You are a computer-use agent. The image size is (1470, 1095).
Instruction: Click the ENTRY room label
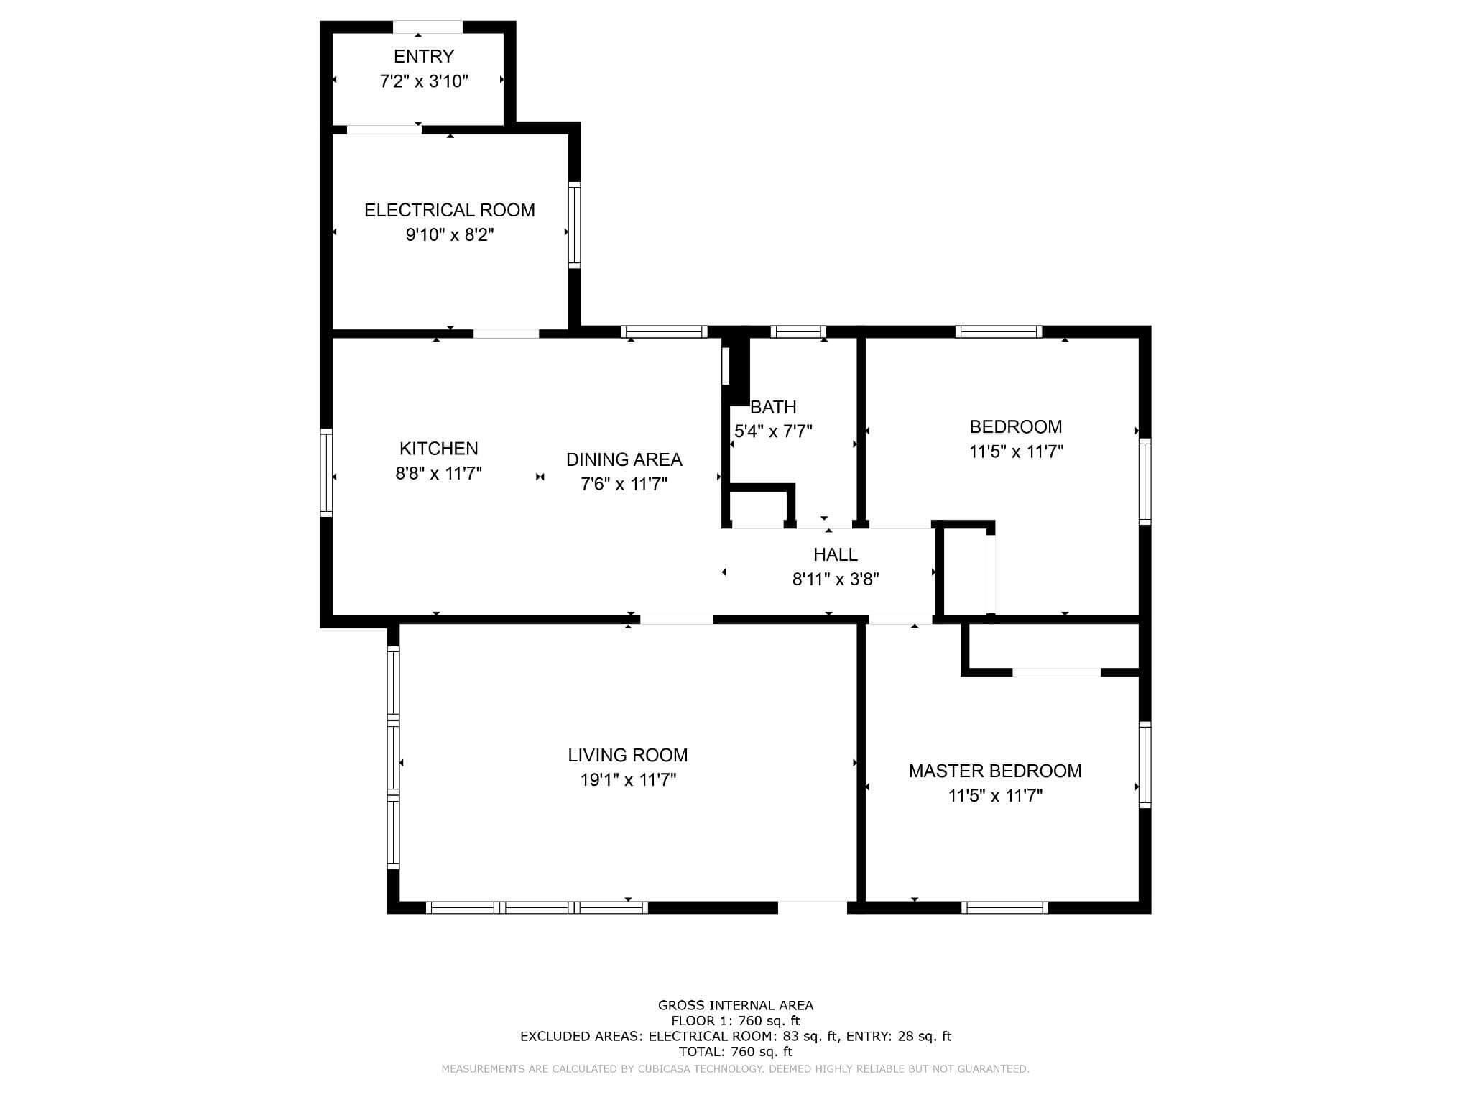tap(423, 56)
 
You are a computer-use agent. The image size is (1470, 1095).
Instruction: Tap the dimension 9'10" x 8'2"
tap(450, 235)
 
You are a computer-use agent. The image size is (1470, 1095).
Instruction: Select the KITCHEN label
tap(438, 449)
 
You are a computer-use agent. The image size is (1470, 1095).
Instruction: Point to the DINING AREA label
tap(624, 459)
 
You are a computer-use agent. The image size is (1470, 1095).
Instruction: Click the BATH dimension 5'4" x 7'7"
tap(773, 431)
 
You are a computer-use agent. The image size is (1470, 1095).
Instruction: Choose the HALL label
tap(835, 554)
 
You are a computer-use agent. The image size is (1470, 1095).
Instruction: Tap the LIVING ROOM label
tap(627, 755)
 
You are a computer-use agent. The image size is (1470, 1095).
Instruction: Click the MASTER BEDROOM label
tap(994, 771)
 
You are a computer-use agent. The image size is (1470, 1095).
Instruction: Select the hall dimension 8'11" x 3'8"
tap(835, 579)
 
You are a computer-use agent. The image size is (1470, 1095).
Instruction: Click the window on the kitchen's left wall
tap(326, 472)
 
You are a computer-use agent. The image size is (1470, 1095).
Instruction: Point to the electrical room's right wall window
tap(574, 225)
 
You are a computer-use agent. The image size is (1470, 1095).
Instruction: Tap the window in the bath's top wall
tap(798, 331)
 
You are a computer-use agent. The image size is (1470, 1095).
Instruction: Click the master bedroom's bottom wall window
tap(1004, 907)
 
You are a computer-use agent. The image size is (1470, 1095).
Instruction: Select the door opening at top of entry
tap(427, 27)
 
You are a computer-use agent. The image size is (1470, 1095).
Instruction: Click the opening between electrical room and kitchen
tap(506, 334)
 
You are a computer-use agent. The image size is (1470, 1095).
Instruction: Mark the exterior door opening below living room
tap(813, 907)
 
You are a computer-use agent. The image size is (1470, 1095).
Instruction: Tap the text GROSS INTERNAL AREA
tap(735, 1005)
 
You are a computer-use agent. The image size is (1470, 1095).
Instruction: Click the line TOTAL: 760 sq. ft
tap(735, 1051)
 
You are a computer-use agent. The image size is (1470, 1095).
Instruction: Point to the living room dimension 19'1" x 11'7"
tap(627, 780)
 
